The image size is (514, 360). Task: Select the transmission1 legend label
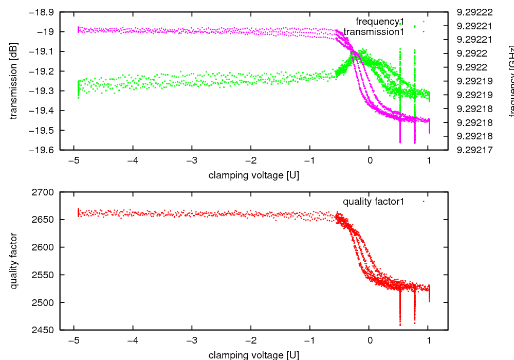tap(374, 32)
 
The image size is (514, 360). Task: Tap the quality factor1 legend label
tap(373, 202)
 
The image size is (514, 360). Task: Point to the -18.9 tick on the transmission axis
tap(43, 12)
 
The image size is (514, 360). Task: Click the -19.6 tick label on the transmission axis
tap(43, 150)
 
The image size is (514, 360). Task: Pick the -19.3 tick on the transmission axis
tap(43, 91)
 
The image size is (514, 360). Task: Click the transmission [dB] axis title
tap(14, 80)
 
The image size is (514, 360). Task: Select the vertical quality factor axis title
tap(14, 261)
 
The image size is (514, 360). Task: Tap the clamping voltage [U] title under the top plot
tap(253, 175)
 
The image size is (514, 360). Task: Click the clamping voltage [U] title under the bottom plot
tap(253, 354)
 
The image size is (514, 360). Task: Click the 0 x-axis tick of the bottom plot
tap(369, 340)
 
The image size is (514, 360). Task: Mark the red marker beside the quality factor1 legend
tap(423, 202)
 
